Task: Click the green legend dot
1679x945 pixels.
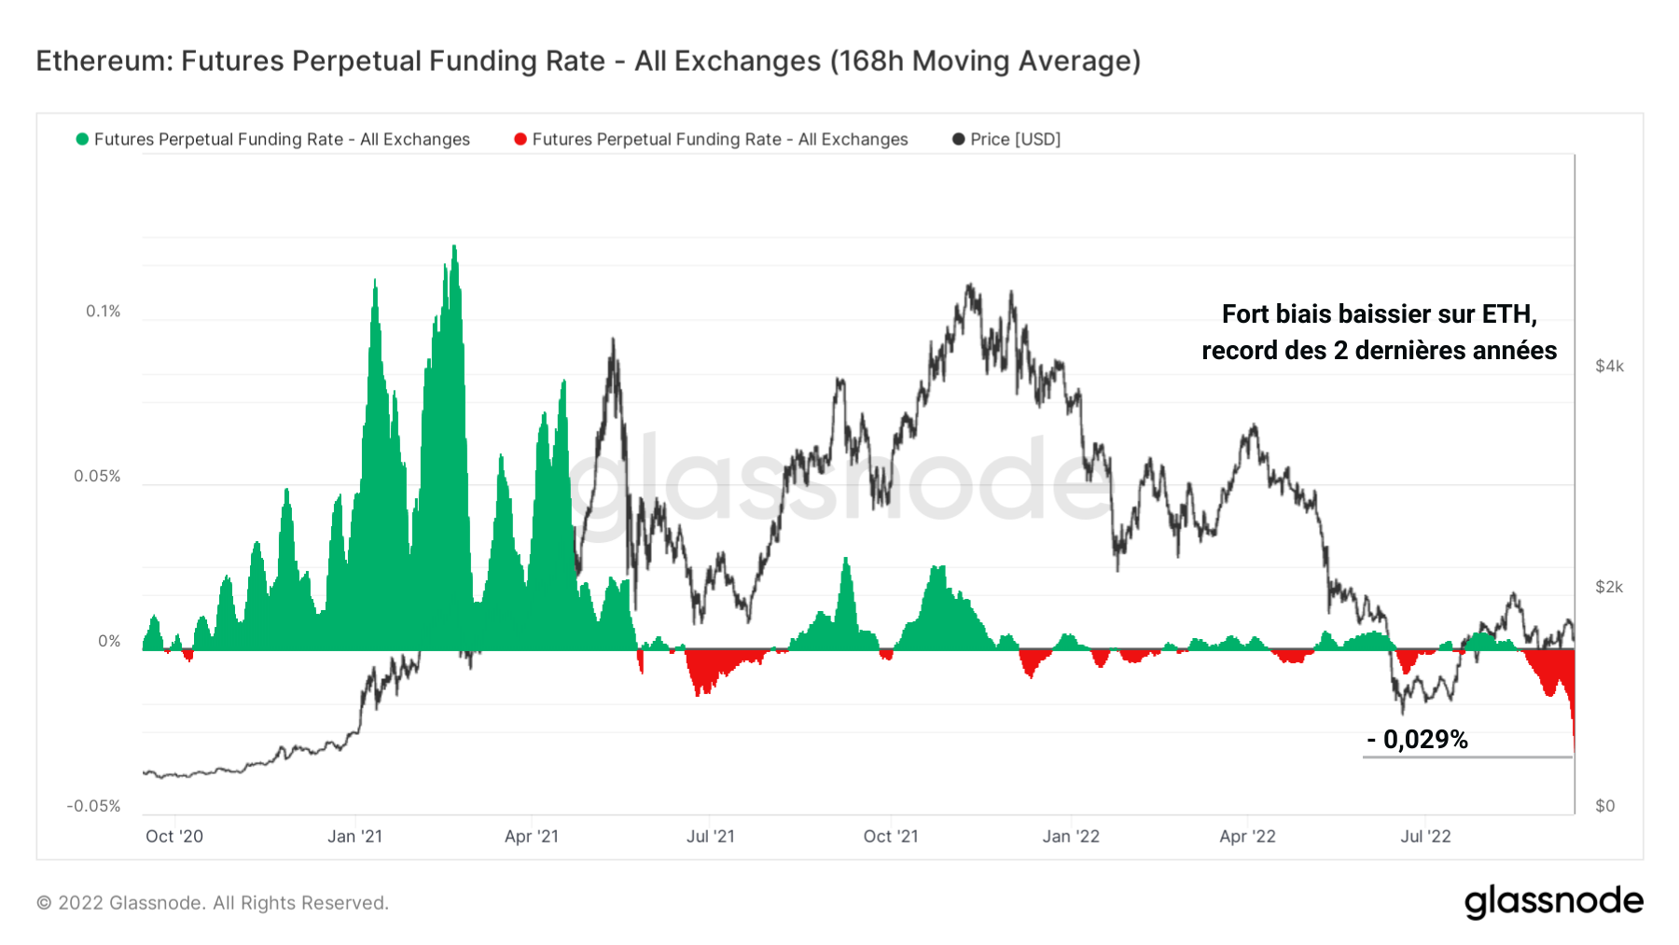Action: [x=82, y=139]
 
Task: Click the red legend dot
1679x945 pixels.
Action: [x=520, y=139]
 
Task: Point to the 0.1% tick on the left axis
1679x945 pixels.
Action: [x=104, y=312]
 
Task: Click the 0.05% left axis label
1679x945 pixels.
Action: [x=97, y=477]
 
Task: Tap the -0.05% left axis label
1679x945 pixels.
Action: [x=93, y=806]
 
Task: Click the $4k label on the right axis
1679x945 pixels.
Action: [x=1609, y=367]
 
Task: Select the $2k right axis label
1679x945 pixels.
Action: [x=1609, y=587]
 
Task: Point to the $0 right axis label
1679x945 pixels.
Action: [x=1604, y=806]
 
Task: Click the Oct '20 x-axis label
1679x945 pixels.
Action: [x=174, y=837]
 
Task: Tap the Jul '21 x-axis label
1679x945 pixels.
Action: [x=711, y=837]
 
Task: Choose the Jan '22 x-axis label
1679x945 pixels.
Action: [x=1071, y=837]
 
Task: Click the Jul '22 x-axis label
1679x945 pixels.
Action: [x=1425, y=837]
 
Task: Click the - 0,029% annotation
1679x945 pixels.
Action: [x=1418, y=740]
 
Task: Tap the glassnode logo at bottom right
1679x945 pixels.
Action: [x=1553, y=902]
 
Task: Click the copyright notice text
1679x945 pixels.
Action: [x=213, y=903]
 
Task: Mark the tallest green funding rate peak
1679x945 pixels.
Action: [x=454, y=248]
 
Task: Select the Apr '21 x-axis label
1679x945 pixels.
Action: [x=532, y=837]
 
